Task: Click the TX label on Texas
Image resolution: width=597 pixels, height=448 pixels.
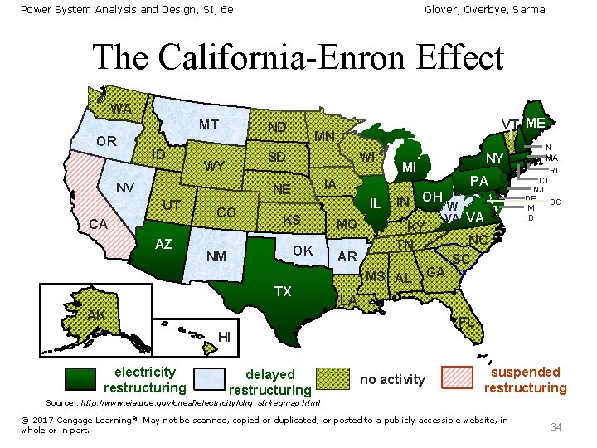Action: tap(283, 291)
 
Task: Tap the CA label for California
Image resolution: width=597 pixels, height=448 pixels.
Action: tap(99, 224)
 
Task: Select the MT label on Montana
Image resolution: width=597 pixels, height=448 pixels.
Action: tap(208, 125)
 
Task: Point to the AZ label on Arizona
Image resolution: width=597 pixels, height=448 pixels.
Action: tap(163, 243)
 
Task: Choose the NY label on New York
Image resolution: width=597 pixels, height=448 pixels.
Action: tap(495, 158)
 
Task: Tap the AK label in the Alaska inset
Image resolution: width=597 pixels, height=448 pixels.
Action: tap(96, 314)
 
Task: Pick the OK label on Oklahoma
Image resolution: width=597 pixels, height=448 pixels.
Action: tap(303, 251)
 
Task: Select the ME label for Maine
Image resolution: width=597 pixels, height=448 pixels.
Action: tap(535, 123)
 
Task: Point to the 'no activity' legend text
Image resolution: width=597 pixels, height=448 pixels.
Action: tap(392, 380)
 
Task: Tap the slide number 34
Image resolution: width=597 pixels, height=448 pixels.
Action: tap(556, 426)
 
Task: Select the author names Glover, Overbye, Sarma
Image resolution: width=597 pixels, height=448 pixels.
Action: tap(484, 9)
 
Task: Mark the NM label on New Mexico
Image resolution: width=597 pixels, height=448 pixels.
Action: tap(216, 256)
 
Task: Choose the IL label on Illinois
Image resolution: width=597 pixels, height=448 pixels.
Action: tap(375, 203)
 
